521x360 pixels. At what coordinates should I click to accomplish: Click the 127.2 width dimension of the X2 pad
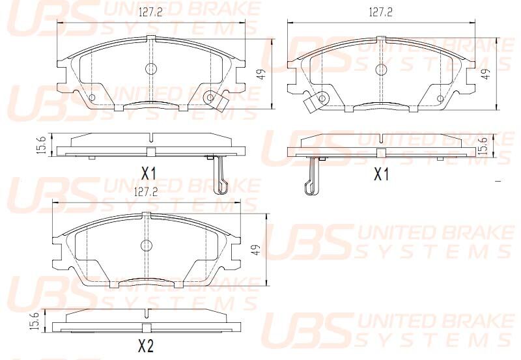click(x=146, y=192)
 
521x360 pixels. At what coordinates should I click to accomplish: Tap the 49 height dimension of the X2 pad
click(x=256, y=250)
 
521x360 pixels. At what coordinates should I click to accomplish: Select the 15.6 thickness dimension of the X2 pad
click(x=35, y=321)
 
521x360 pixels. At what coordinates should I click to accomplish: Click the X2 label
click(x=145, y=346)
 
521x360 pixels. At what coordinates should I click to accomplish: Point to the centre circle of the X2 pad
click(x=146, y=245)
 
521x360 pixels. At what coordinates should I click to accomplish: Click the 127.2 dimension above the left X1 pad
click(x=150, y=12)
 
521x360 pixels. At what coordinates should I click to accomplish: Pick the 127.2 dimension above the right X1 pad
click(x=380, y=12)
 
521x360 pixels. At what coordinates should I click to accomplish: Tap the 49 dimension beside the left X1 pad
click(x=262, y=74)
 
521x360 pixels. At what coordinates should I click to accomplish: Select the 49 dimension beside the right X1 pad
click(x=486, y=74)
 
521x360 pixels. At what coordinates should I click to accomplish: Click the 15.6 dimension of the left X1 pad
click(x=41, y=145)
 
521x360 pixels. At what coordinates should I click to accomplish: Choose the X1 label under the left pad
click(x=148, y=173)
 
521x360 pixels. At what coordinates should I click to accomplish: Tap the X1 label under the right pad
click(x=381, y=175)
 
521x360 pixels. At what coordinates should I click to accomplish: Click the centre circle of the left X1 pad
click(x=151, y=69)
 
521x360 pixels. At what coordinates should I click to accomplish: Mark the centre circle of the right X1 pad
click(x=381, y=70)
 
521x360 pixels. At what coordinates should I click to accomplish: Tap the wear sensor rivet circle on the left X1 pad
click(x=210, y=97)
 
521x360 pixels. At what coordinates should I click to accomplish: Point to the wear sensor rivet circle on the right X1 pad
click(x=322, y=98)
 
